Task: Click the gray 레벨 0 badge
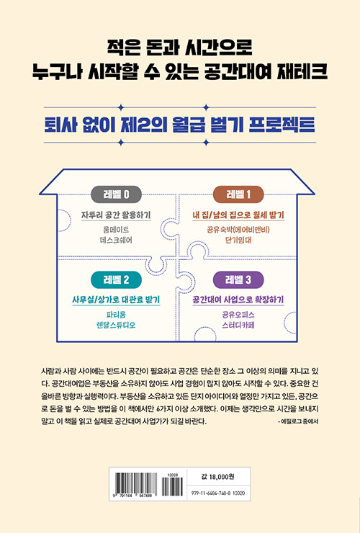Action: (x=116, y=194)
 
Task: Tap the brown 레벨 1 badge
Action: (x=238, y=194)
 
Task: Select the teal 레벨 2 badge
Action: (x=116, y=279)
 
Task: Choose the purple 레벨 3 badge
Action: (x=238, y=279)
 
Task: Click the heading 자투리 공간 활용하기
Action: (x=116, y=215)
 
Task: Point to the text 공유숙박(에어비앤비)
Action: (x=238, y=230)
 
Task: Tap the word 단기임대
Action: (x=238, y=241)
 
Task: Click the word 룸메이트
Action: (x=116, y=230)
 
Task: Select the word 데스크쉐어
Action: (x=116, y=241)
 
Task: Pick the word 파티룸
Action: (x=116, y=315)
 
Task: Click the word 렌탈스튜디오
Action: (x=116, y=326)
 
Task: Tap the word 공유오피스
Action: (x=238, y=315)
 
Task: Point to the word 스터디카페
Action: (x=238, y=326)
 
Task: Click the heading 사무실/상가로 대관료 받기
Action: (x=116, y=300)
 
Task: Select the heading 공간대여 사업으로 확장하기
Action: (x=238, y=300)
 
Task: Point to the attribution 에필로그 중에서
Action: (x=298, y=421)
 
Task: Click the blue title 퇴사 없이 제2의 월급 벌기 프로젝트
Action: (x=180, y=125)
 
